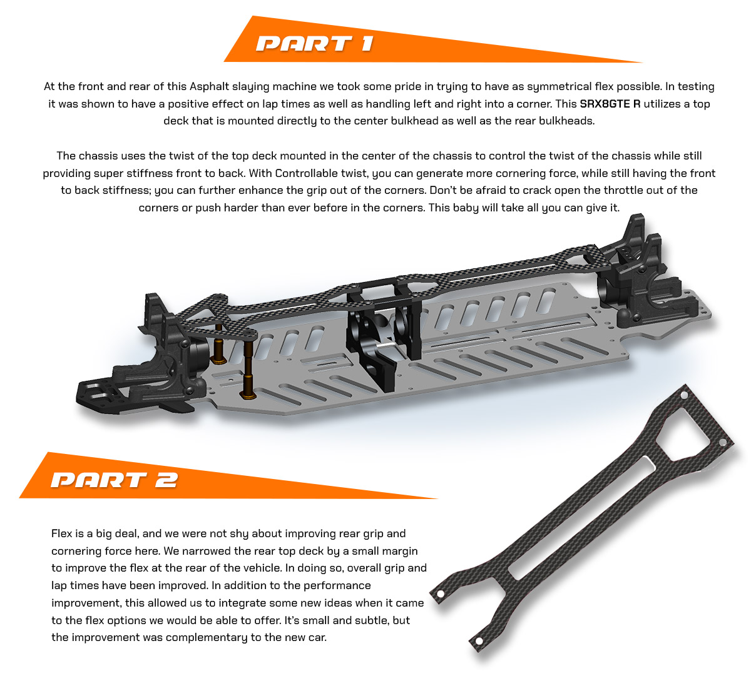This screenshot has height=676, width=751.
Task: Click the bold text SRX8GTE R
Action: click(610, 104)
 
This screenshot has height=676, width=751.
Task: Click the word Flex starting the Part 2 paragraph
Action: click(62, 533)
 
